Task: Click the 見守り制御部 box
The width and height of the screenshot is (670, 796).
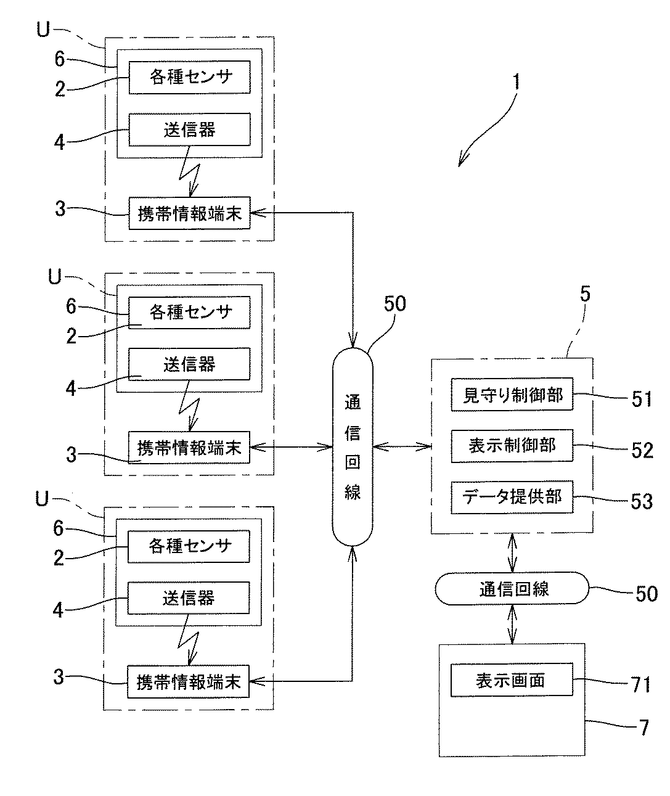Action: (x=512, y=394)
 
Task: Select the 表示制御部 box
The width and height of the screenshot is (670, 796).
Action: (x=512, y=445)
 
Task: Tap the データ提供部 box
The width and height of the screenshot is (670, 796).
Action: (x=512, y=497)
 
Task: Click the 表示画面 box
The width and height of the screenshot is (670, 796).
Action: (x=512, y=680)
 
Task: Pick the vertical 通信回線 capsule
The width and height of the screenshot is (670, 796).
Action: (x=353, y=448)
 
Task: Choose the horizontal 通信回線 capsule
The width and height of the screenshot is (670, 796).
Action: (x=512, y=589)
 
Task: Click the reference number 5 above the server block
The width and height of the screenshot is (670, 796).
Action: (x=585, y=294)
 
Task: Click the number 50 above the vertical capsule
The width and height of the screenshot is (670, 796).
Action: (x=395, y=305)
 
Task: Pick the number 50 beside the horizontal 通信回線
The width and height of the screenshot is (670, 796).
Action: (x=646, y=593)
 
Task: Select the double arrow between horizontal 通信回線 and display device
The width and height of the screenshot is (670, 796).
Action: (x=512, y=625)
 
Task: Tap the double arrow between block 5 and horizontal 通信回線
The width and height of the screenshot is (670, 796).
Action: (x=512, y=553)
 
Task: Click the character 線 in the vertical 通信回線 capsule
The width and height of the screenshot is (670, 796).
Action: (x=353, y=491)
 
